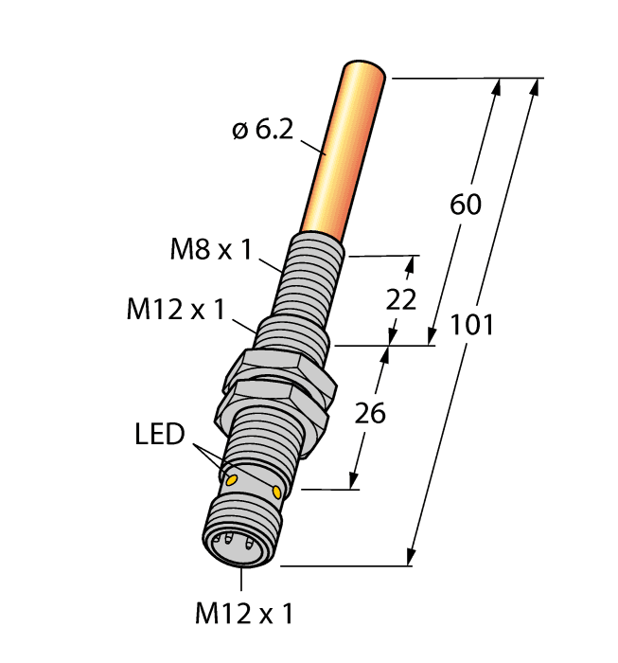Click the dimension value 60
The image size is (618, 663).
(466, 205)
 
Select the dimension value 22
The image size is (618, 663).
(402, 299)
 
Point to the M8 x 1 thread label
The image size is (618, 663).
(211, 251)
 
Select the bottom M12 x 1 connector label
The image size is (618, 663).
(244, 614)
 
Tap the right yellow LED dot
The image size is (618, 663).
(276, 492)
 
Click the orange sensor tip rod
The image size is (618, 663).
(344, 152)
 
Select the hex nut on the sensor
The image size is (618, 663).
(279, 384)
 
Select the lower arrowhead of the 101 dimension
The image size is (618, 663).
(414, 558)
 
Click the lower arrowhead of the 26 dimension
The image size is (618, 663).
(357, 481)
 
